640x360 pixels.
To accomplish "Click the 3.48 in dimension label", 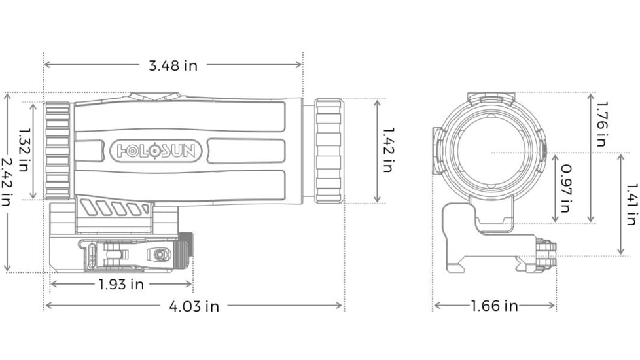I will coord(173,65).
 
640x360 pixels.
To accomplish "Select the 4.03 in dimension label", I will coord(194,306).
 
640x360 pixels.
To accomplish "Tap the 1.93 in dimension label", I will coord(121,285).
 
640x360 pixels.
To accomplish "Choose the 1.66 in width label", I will coord(494,306).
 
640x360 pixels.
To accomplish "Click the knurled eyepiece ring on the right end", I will coord(329,151).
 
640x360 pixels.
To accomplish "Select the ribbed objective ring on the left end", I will coord(58,151).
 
